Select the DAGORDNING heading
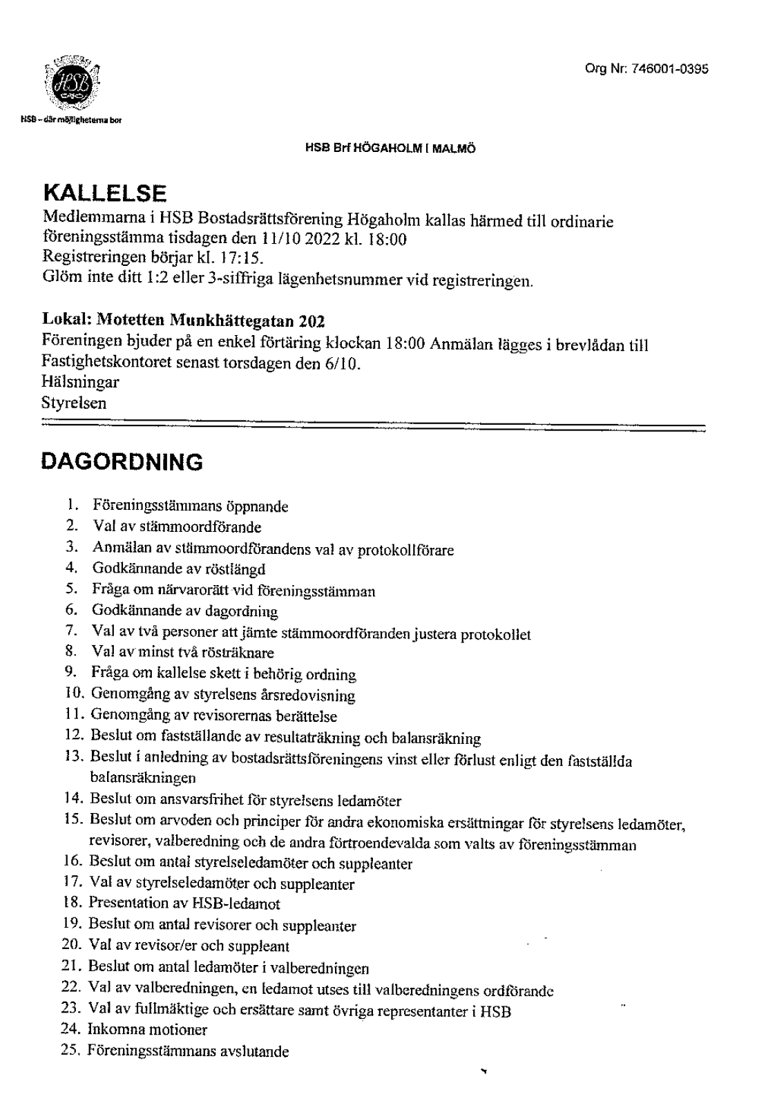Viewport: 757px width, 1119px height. [x=122, y=462]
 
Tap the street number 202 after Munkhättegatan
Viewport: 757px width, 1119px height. [x=311, y=322]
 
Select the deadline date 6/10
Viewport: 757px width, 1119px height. [x=344, y=363]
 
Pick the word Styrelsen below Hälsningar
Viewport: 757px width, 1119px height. [x=74, y=403]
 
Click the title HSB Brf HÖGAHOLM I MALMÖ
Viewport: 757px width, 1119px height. [x=391, y=149]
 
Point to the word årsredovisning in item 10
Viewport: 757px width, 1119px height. [x=311, y=696]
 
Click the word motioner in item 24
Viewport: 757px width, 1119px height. [x=179, y=1030]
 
